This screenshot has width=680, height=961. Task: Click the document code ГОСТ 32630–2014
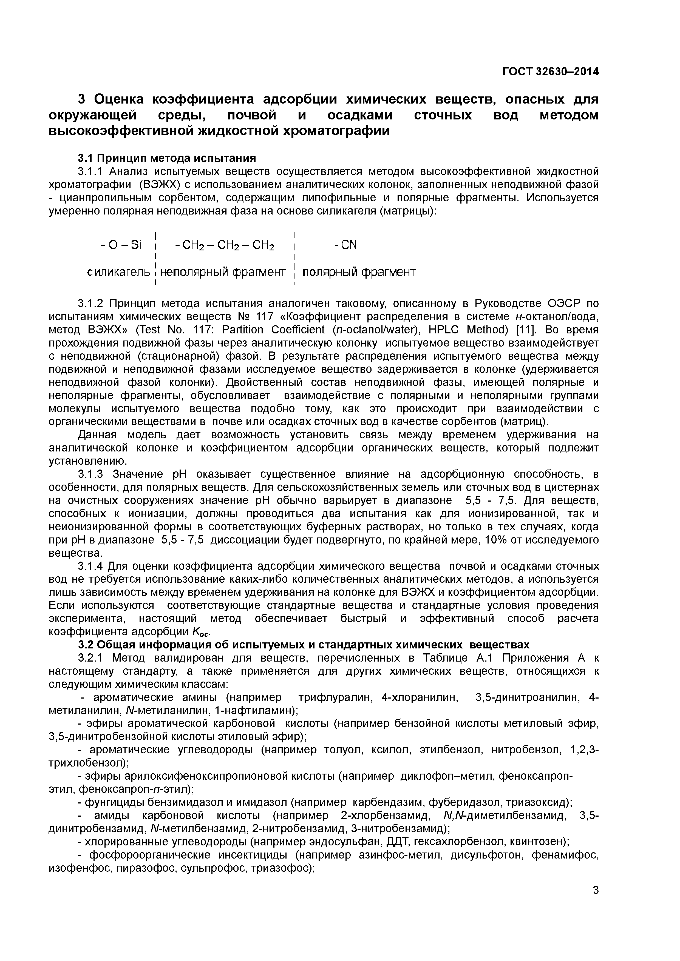(550, 72)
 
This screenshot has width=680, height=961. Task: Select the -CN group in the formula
(346, 245)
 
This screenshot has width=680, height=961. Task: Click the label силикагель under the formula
(118, 273)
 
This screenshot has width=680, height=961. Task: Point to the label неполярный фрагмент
(223, 273)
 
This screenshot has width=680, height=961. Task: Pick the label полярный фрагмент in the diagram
(359, 273)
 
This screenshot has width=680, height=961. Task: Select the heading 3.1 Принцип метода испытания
(167, 158)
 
